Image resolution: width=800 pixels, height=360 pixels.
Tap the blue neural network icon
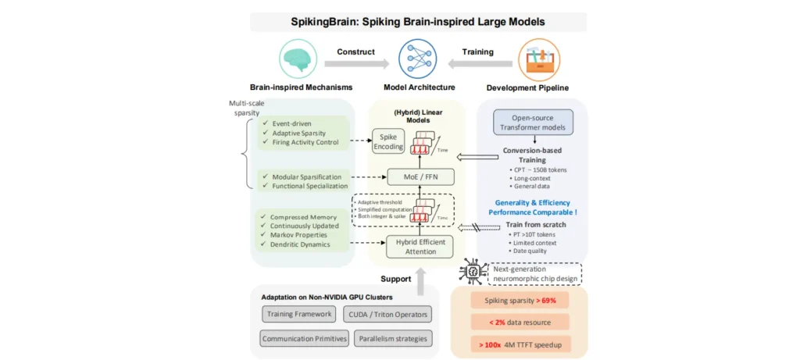[417, 59]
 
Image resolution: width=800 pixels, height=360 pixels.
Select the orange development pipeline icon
[539, 59]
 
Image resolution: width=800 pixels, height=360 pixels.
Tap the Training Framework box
[298, 314]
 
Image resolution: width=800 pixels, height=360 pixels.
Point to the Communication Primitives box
[302, 339]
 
